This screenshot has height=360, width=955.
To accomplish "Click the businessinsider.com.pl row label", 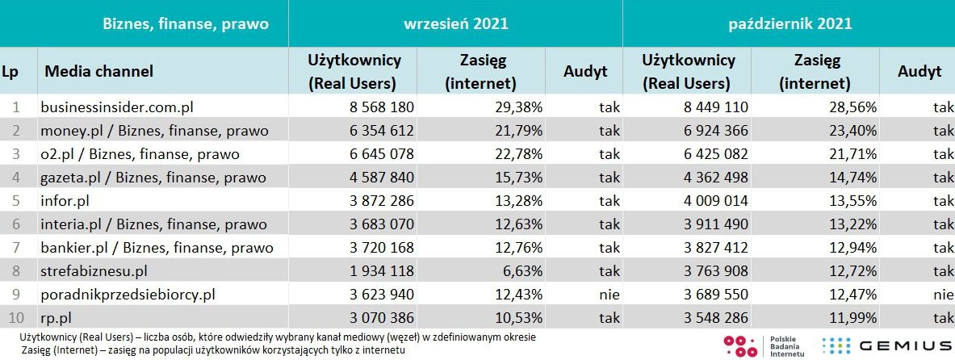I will pyautogui.click(x=118, y=107).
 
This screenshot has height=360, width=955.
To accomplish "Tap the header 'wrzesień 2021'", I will pyautogui.click(x=455, y=23).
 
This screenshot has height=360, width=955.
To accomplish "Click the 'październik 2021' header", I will pyautogui.click(x=788, y=23).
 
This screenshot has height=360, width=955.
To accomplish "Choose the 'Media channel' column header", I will pyautogui.click(x=98, y=71).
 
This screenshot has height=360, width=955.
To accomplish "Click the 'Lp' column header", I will pyautogui.click(x=10, y=71).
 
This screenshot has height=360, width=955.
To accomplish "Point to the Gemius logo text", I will pyautogui.click(x=903, y=346).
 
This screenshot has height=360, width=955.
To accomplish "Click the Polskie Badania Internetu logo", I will pyautogui.click(x=763, y=345).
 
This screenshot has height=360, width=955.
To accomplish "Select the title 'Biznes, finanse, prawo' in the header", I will pyautogui.click(x=186, y=23).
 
